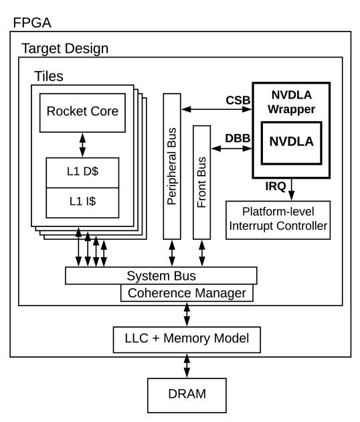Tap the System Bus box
tap(161, 276)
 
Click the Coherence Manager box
tap(187, 293)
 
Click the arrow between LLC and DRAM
tap(187, 367)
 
